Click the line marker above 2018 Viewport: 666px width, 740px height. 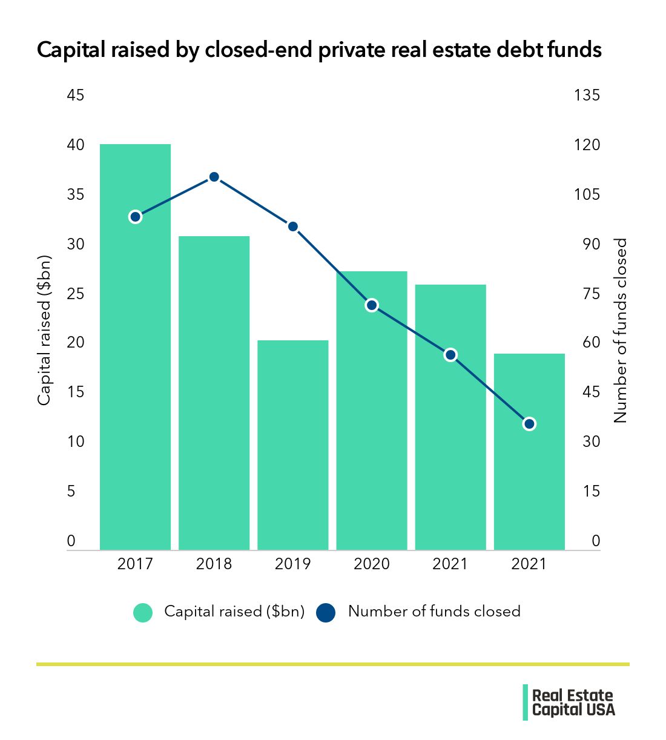pos(214,177)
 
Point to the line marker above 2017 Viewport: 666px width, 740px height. pos(135,217)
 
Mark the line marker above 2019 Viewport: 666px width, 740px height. pos(292,226)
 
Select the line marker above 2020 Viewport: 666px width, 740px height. pos(372,305)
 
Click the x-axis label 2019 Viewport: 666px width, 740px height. pos(292,564)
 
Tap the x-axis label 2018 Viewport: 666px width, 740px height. pos(214,564)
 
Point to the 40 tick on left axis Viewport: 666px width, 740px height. pos(75,145)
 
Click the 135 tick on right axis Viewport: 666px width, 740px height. pos(586,95)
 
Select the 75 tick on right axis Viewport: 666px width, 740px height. pos(586,294)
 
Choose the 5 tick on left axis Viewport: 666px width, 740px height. pos(71,491)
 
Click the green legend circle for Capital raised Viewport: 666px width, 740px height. pos(143,612)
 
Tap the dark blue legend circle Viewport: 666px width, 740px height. pos(326,612)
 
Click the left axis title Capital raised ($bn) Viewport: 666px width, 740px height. pos(44,330)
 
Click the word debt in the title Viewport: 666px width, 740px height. pos(520,50)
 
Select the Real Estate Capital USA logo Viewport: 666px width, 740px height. pos(569,702)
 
